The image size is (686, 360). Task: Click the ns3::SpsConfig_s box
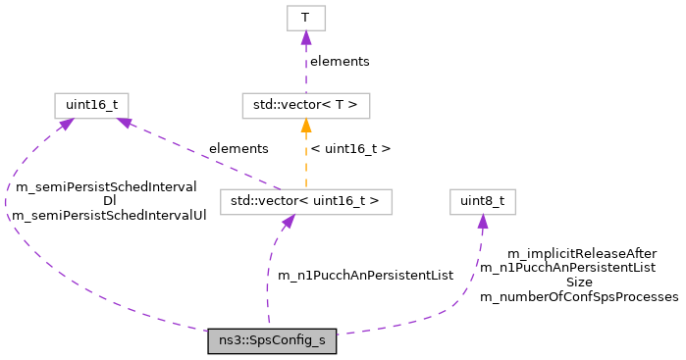pyautogui.click(x=272, y=341)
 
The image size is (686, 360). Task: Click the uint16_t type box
pyautogui.click(x=91, y=103)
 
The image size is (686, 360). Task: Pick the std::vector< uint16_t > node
pyautogui.click(x=305, y=202)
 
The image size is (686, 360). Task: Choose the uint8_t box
pyautogui.click(x=482, y=202)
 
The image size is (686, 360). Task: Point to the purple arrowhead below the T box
pyautogui.click(x=305, y=37)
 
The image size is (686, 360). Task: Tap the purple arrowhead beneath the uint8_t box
pyautogui.click(x=482, y=223)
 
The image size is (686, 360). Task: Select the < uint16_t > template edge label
pyautogui.click(x=350, y=149)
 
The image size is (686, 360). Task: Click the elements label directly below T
pyautogui.click(x=340, y=61)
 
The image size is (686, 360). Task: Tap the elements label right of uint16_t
pyautogui.click(x=237, y=148)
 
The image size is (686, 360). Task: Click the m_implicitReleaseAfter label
pyautogui.click(x=582, y=253)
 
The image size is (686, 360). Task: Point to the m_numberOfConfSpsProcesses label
pyautogui.click(x=579, y=296)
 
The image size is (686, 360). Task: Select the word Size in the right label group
pyautogui.click(x=579, y=282)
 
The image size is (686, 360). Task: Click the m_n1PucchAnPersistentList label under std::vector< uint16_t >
pyautogui.click(x=365, y=276)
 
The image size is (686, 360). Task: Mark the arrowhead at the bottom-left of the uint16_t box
pyautogui.click(x=65, y=124)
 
